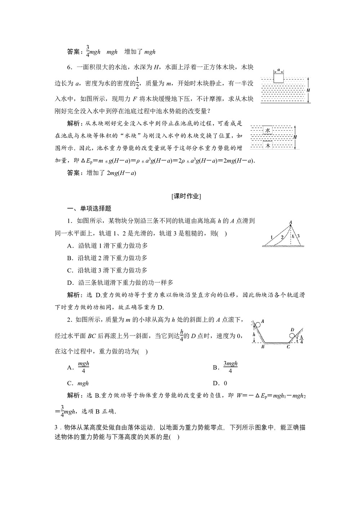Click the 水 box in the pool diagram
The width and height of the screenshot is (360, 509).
pos(267,130)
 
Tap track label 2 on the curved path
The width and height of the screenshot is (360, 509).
pos(282,237)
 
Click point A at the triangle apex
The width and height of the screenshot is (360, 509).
pos(290,222)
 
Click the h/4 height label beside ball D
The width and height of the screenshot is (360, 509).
pos(302,339)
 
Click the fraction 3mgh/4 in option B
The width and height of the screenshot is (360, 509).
pos(230,368)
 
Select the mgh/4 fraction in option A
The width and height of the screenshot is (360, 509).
pos(83,368)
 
